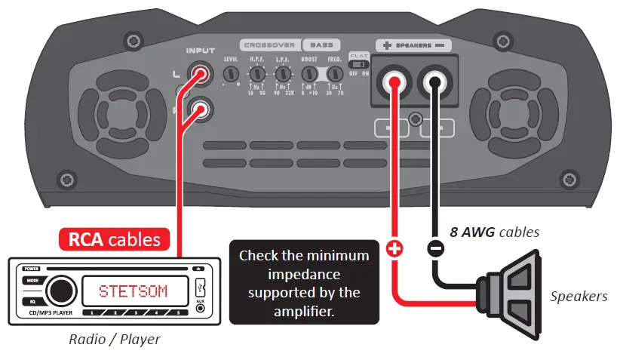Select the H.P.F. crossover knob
[258, 74]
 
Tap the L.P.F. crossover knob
[284, 74]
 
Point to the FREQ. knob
[334, 74]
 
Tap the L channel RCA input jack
[201, 74]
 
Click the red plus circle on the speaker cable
[393, 248]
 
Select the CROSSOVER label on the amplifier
[269, 45]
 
